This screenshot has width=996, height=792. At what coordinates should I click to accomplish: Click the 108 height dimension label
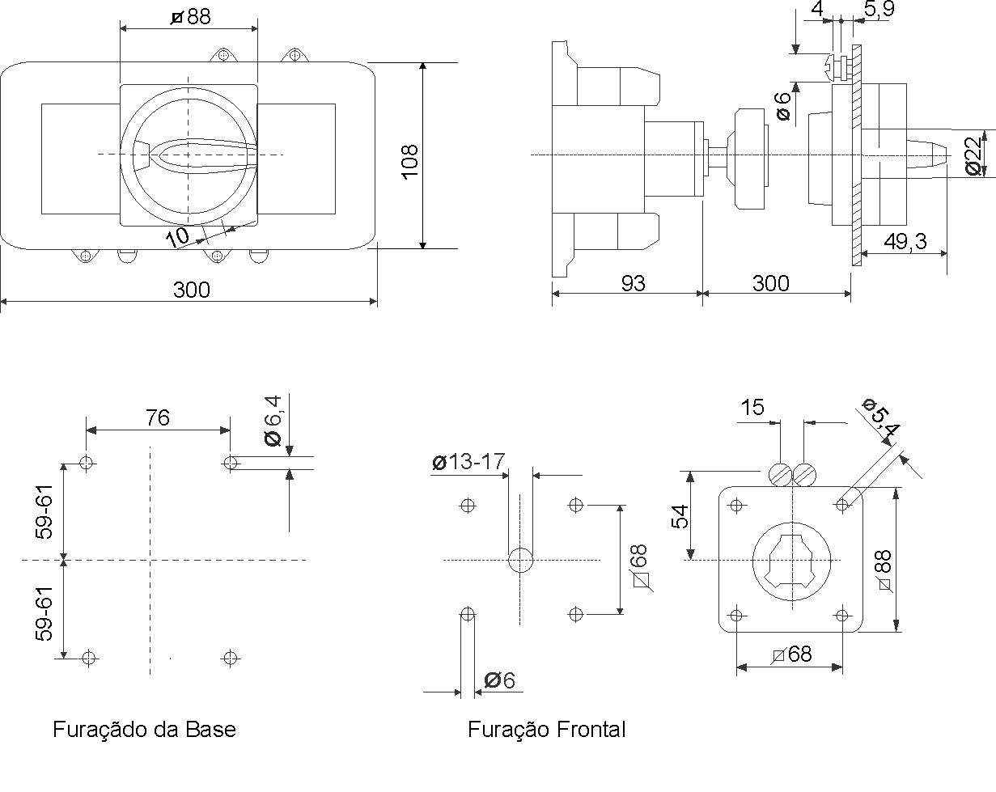click(x=410, y=161)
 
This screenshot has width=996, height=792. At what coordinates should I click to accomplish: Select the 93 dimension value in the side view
click(x=633, y=283)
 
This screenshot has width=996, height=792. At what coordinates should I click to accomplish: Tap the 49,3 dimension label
click(x=905, y=241)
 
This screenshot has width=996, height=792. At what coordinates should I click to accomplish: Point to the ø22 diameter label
click(x=974, y=155)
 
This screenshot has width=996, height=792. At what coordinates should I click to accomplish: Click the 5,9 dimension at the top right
click(x=879, y=9)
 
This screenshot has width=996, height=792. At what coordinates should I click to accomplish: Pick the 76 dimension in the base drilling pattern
click(x=158, y=417)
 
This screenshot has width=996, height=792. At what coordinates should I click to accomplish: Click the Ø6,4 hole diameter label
click(x=273, y=421)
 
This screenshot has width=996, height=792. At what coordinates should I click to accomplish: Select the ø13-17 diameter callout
click(x=468, y=461)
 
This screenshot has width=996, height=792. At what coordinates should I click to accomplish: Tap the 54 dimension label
click(x=680, y=517)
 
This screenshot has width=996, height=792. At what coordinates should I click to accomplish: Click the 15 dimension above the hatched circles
click(x=752, y=408)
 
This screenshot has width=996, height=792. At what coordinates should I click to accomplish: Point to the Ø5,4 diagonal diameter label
click(x=881, y=417)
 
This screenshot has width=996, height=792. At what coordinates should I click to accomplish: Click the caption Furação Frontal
click(x=547, y=730)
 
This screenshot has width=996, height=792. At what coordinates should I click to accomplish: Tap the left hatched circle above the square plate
click(x=780, y=475)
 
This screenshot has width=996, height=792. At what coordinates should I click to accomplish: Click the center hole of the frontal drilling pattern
click(x=520, y=560)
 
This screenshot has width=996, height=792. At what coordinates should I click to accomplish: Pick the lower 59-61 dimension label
click(x=45, y=614)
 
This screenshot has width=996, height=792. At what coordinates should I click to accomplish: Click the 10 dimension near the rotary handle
click(x=177, y=237)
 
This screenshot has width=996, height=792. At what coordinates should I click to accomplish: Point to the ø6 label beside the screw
click(x=783, y=106)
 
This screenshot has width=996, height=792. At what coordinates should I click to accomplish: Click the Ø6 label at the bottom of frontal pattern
click(x=499, y=680)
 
